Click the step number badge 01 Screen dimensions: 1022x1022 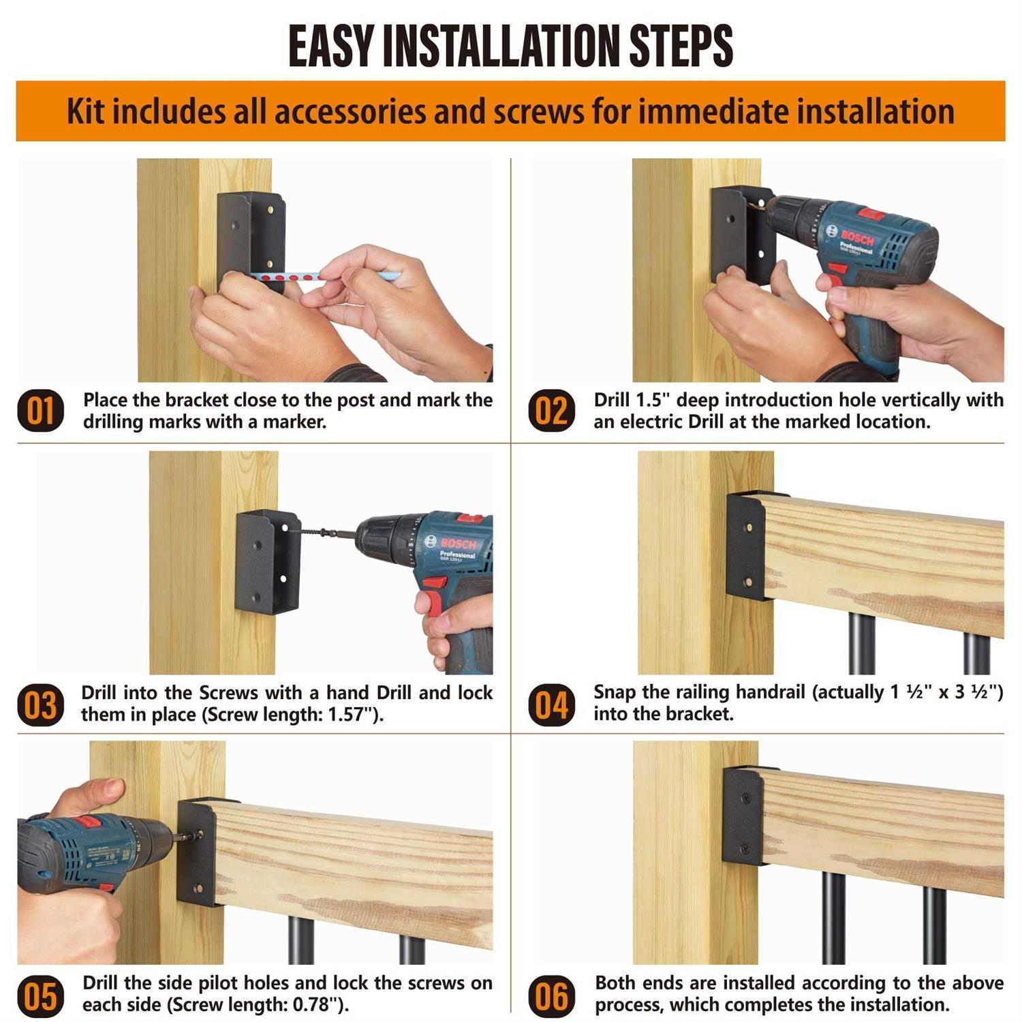click(x=40, y=411)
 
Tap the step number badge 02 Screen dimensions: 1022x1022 click(x=551, y=411)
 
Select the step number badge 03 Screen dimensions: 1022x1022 click(x=40, y=704)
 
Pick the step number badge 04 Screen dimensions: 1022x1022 click(x=551, y=704)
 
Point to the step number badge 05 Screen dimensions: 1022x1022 click(x=40, y=995)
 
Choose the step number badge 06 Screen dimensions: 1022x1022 click(x=551, y=995)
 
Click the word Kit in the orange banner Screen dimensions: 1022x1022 click(x=86, y=111)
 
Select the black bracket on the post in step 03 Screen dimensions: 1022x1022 click(x=267, y=562)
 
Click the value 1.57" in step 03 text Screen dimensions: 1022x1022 click(x=347, y=715)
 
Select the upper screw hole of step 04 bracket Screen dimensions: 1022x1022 click(x=748, y=528)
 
